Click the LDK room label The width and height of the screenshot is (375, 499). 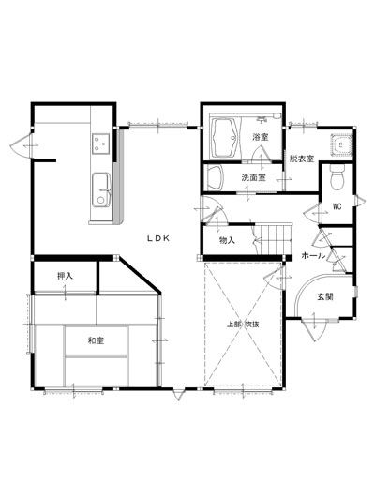158,238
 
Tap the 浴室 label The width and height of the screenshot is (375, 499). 261,137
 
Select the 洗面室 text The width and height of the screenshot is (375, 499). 253,177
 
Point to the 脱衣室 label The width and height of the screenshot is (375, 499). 302,159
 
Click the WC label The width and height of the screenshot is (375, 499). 337,206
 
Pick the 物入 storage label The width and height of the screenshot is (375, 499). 227,240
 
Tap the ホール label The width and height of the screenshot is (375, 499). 313,255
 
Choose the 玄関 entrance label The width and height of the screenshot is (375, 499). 325,296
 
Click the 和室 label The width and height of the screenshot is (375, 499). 96,340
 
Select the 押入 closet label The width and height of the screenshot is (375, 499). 65,276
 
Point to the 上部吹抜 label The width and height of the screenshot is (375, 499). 243,325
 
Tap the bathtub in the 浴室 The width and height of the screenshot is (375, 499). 225,138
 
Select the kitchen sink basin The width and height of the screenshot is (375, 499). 101,190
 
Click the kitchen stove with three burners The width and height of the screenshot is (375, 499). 101,144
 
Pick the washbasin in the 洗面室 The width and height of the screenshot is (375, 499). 214,177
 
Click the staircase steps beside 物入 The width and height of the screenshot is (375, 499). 273,239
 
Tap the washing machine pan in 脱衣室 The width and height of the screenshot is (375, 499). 341,145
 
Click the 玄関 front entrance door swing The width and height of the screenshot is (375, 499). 314,330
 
